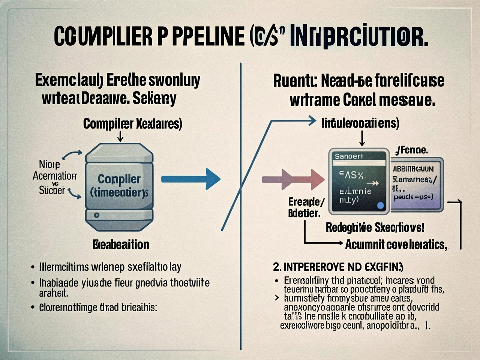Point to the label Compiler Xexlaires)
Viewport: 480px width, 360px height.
(x=132, y=123)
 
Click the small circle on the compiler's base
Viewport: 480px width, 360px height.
(x=97, y=215)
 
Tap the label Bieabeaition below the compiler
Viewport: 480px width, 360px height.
(x=121, y=245)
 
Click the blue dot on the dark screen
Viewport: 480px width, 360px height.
(x=380, y=205)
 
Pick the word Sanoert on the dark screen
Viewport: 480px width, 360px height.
(x=349, y=156)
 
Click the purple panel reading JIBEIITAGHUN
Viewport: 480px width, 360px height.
(x=416, y=184)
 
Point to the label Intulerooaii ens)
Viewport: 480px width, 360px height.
(x=360, y=123)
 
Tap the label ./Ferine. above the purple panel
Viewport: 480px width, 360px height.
(x=411, y=150)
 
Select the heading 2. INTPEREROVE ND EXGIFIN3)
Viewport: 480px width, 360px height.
(x=338, y=267)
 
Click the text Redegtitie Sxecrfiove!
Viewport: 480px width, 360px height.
(x=375, y=227)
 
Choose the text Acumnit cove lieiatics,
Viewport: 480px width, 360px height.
(x=396, y=244)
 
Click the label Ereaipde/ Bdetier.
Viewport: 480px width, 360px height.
(x=306, y=207)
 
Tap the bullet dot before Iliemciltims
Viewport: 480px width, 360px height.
(x=33, y=267)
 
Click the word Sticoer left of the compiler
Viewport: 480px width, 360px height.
(x=52, y=190)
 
